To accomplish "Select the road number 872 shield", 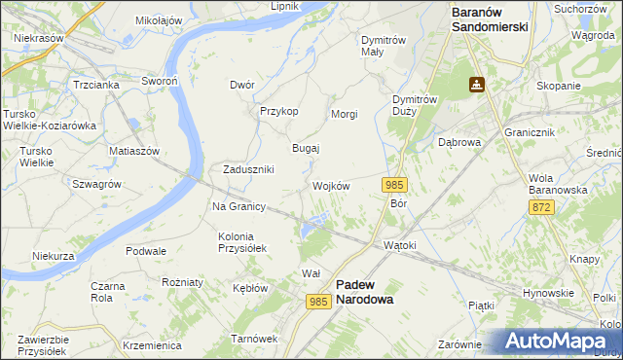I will point(542,208).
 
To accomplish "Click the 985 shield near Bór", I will point(394,185).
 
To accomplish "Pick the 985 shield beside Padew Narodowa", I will point(318,303).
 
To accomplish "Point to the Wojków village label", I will point(331,186).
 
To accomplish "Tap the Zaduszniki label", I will point(248,169).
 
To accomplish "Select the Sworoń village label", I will point(158,82).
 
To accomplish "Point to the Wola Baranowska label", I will point(558,184).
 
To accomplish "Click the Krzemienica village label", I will point(153,345).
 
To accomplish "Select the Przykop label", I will point(278,111).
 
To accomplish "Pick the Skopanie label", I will point(558,86).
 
